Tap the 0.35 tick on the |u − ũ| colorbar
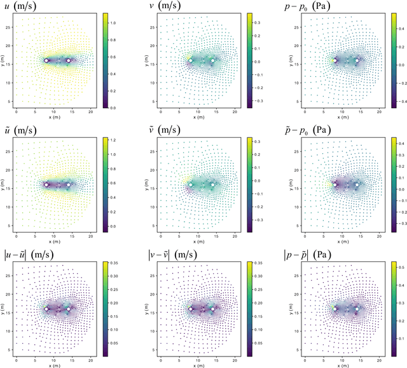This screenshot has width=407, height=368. (x=116, y=261)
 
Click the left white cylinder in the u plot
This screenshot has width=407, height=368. (x=46, y=61)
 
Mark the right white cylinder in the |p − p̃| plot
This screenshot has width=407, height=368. (x=357, y=309)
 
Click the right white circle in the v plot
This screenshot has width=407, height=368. (x=212, y=61)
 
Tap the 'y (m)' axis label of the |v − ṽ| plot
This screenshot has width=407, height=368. (x=147, y=308)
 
